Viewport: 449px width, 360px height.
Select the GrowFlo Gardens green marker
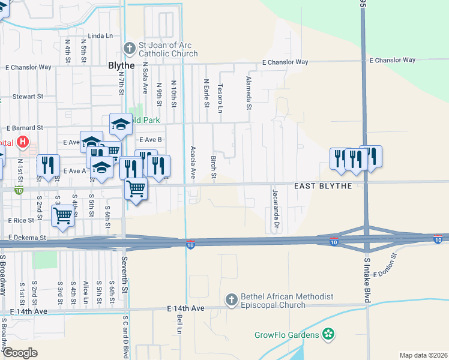coord(328,334)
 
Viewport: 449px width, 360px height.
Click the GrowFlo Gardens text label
coord(287,334)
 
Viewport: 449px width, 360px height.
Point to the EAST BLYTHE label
coord(323,186)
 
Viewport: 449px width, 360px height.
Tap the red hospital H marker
coord(23,142)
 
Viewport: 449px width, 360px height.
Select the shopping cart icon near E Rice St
coord(62,216)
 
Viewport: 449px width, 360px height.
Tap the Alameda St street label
coord(249,93)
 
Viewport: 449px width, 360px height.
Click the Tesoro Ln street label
coord(220,98)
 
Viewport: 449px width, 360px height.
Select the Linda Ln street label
coord(100,36)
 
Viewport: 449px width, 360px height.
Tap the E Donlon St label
coord(385,265)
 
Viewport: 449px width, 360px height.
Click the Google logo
coord(20,353)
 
